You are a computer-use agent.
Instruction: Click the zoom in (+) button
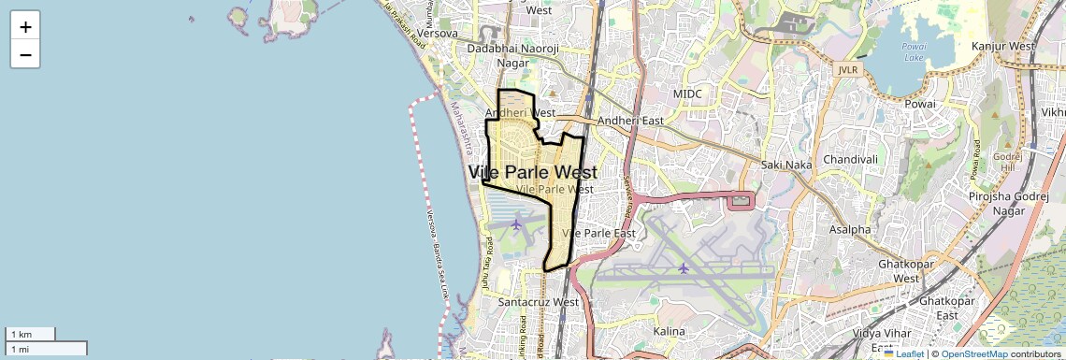pos(25,26)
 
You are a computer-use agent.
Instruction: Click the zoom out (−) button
pos(25,54)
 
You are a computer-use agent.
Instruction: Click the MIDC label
pos(687,94)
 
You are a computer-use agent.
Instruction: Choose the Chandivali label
pos(850,159)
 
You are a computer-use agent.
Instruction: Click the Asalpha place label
pos(850,229)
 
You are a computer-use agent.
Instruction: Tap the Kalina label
pos(670,331)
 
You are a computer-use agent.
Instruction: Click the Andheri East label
pos(630,121)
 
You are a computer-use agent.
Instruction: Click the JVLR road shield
pos(846,68)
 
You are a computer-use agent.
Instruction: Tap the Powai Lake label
pos(914,50)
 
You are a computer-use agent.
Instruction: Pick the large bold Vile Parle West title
pos(532,173)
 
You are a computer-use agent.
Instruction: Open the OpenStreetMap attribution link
pos(973,354)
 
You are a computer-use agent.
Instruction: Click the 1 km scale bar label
pos(21,334)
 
